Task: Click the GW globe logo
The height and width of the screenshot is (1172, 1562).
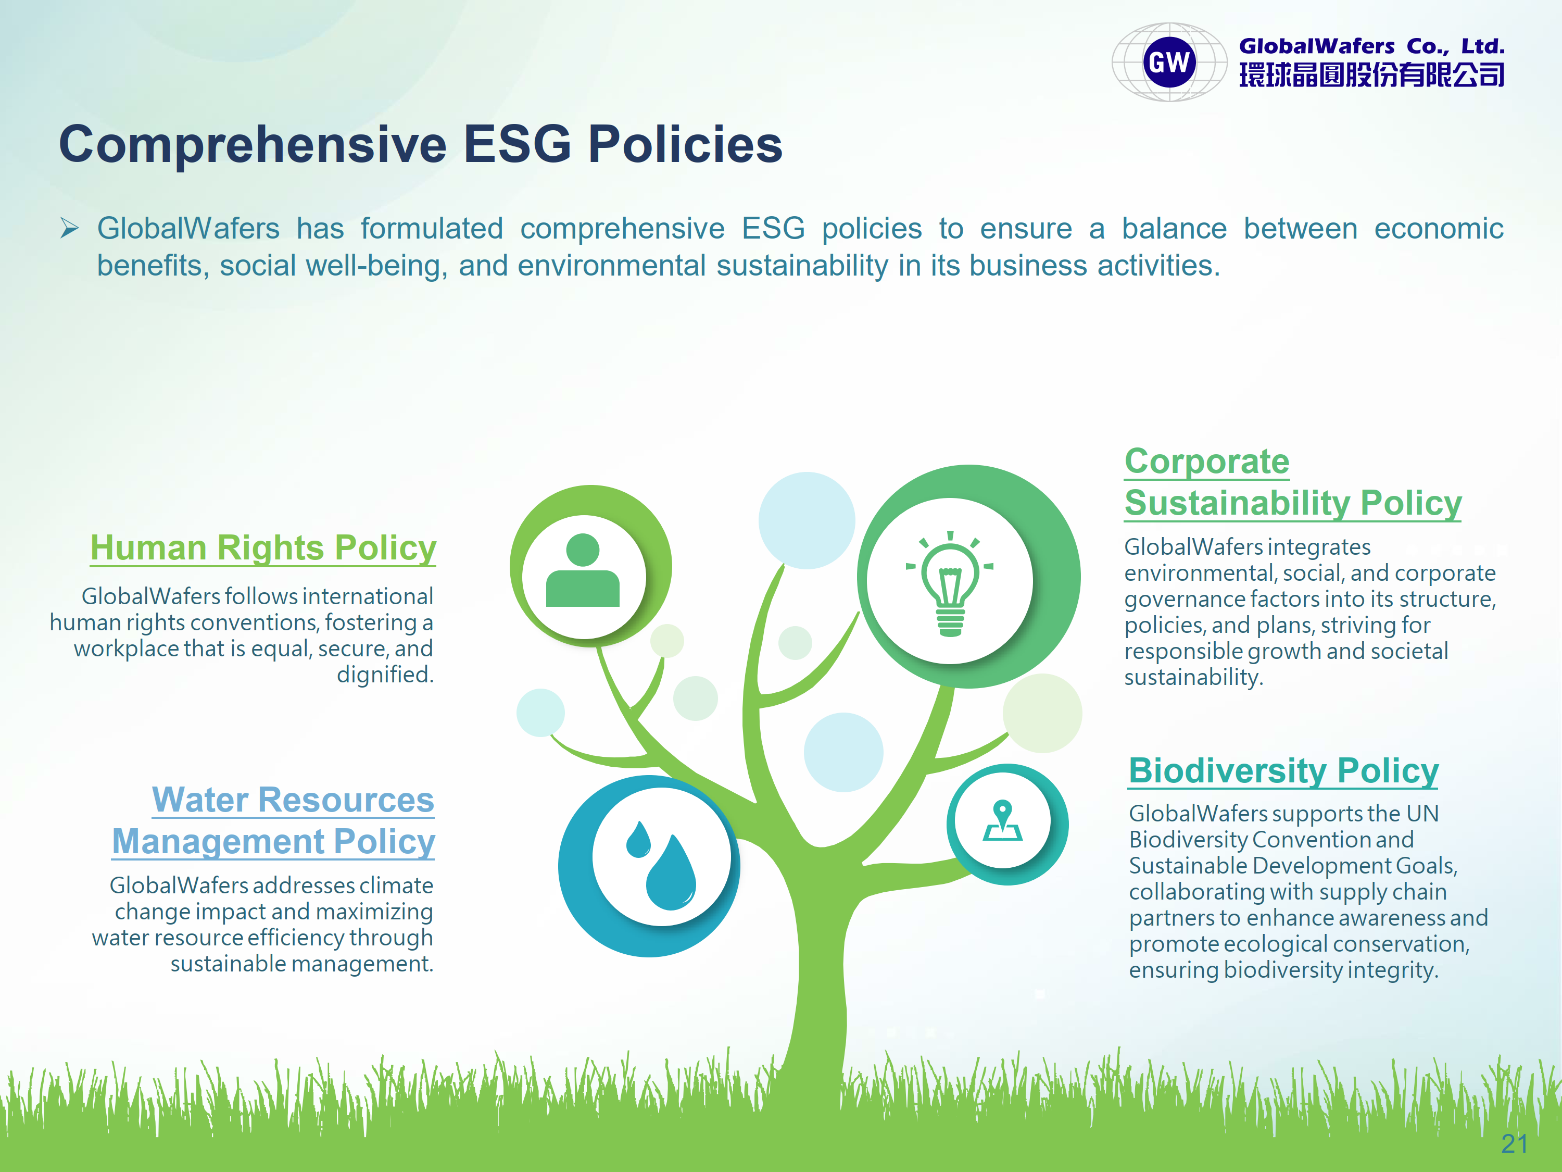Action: coord(1169,62)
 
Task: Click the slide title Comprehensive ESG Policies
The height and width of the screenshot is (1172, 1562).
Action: coord(421,144)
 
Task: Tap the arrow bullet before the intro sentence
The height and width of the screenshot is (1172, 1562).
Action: coord(69,228)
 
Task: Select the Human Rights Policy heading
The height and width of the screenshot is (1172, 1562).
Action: coord(263,547)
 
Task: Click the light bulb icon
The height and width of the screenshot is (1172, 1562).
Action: coord(950,583)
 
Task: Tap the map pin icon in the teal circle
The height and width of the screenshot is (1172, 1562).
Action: coord(1003,821)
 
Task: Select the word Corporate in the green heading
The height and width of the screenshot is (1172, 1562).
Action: coord(1207,462)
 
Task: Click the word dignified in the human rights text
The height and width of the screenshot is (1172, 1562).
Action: coord(385,675)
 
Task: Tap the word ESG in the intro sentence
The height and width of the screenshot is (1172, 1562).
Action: coord(773,228)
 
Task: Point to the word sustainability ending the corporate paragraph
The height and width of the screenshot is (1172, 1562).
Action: coord(1193,678)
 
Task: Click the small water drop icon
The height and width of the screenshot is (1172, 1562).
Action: coord(638,839)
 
